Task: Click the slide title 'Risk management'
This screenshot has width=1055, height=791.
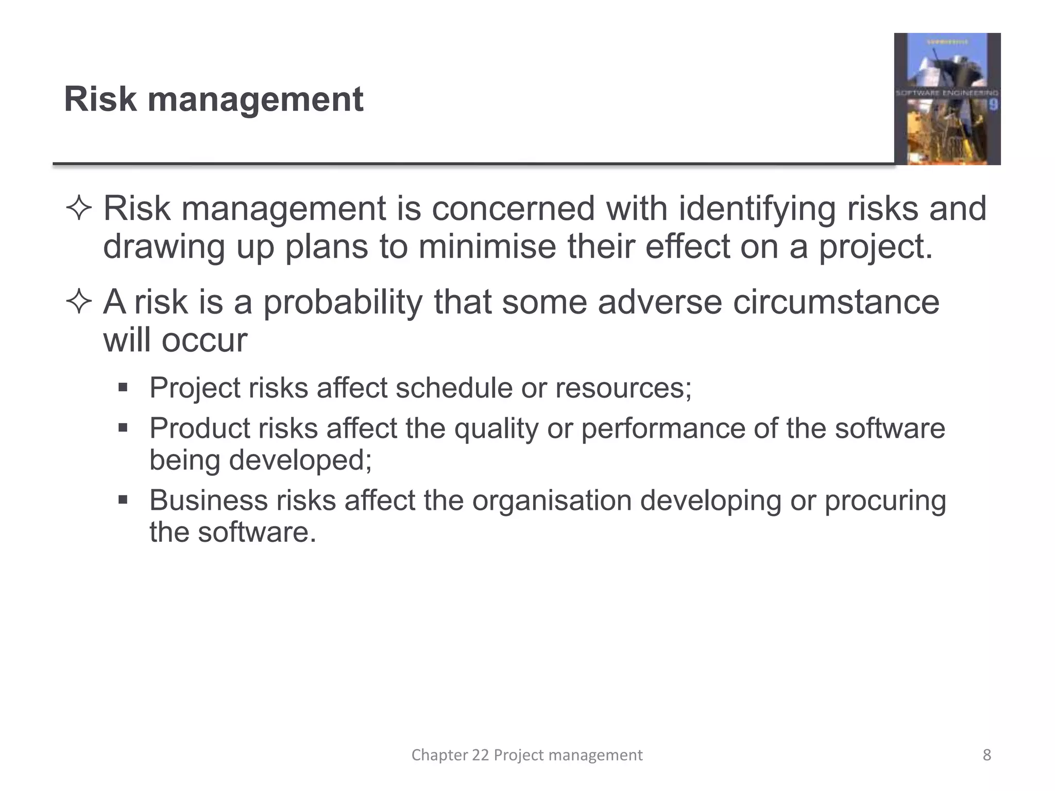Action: tap(213, 99)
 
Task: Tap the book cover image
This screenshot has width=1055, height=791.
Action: tap(947, 99)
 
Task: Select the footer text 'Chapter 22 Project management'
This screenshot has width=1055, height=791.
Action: tap(527, 755)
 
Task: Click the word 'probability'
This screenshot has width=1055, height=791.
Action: tap(343, 302)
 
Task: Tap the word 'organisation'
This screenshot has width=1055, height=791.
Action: tap(552, 501)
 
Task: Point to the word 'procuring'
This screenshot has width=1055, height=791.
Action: tap(885, 501)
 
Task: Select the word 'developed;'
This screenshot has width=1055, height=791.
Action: tap(300, 460)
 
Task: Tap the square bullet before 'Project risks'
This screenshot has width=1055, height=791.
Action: tap(123, 387)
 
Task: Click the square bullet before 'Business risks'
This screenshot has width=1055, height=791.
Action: tap(123, 500)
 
